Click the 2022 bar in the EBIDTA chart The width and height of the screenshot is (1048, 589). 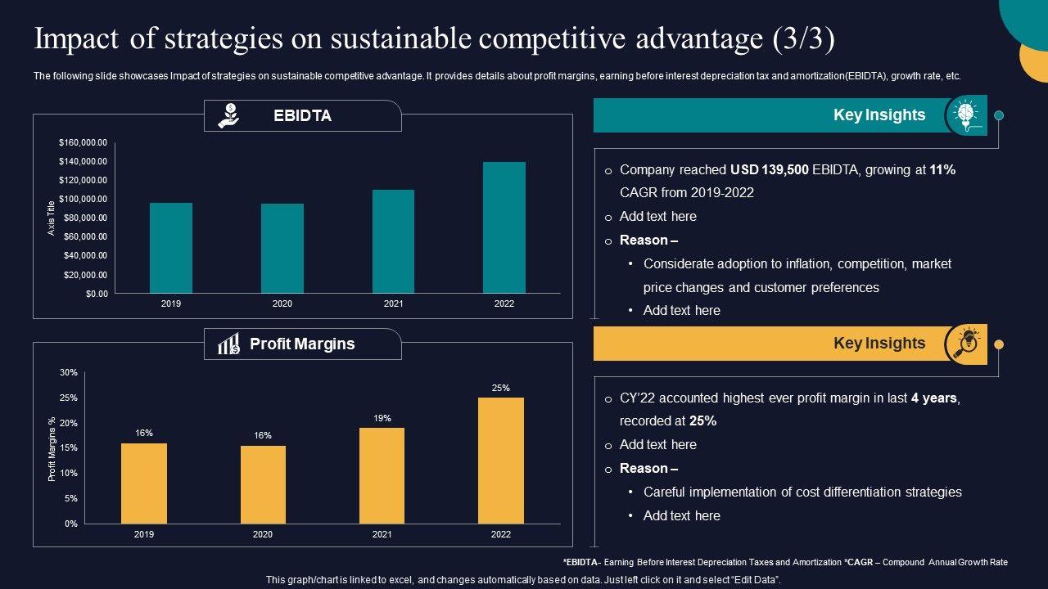coord(504,227)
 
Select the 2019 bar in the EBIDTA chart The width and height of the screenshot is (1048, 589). coord(171,248)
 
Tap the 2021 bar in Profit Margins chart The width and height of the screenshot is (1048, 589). coord(382,475)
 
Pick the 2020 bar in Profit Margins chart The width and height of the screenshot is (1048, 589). coord(263,484)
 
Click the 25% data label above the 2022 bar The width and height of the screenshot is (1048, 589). coord(501,389)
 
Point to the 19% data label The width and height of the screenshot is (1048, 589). coord(382,418)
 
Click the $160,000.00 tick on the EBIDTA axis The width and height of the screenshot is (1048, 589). coord(83,142)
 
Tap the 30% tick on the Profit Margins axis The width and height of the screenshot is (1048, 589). coord(69,372)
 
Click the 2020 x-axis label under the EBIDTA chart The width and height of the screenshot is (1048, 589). coord(282,303)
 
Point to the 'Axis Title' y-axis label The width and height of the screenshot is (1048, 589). coord(51,218)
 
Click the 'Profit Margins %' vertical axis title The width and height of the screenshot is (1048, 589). coord(52,448)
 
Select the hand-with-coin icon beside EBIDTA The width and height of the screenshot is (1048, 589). coord(228,115)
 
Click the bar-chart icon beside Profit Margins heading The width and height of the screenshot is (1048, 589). coord(228,344)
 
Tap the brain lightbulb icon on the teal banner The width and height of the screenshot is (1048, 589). coord(965,115)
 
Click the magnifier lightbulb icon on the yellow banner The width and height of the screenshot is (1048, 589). coord(965,343)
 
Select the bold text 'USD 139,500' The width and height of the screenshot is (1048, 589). coord(770,170)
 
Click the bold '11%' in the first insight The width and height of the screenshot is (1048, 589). coord(942,170)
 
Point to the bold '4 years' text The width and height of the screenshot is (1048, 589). coord(933,398)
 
